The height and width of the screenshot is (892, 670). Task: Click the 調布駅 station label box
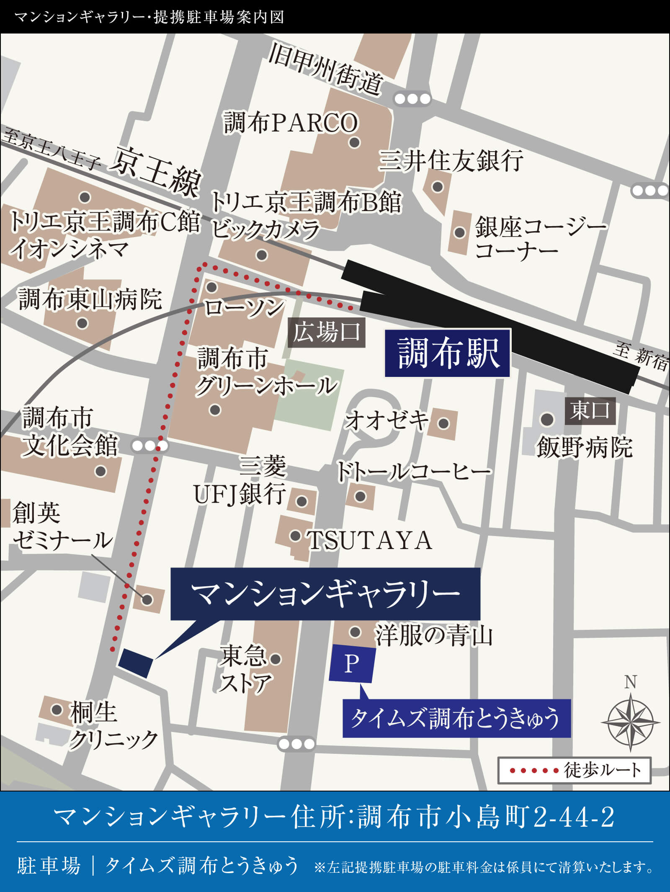447,353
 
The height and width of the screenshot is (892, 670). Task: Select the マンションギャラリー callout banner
325,594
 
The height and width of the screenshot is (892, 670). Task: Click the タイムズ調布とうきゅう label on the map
456,719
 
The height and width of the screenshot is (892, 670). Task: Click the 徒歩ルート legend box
574,770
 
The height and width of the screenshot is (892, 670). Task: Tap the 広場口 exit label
327,333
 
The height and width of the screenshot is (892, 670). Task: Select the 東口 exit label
590,410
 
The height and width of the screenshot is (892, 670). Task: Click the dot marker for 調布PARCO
355,142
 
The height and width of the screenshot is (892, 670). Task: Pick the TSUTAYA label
369,540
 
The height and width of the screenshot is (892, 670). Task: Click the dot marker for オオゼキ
443,423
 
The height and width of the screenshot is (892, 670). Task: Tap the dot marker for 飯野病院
547,419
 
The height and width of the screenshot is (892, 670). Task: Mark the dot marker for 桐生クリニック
57,709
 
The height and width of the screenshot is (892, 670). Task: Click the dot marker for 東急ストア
275,659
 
